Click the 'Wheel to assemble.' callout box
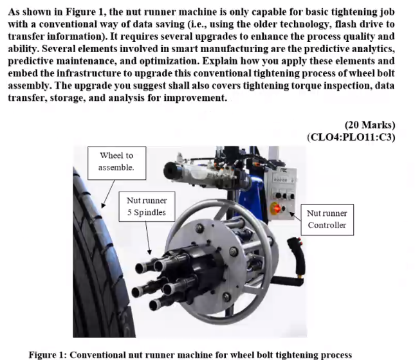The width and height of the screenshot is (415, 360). pyautogui.click(x=116, y=161)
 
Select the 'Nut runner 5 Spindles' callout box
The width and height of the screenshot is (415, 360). pyautogui.click(x=146, y=206)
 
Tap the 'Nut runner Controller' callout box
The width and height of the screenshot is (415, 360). pyautogui.click(x=327, y=219)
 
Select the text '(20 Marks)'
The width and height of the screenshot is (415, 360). pyautogui.click(x=370, y=125)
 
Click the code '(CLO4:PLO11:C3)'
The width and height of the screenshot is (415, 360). pyautogui.click(x=352, y=137)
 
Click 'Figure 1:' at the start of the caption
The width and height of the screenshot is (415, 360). pyautogui.click(x=48, y=355)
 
